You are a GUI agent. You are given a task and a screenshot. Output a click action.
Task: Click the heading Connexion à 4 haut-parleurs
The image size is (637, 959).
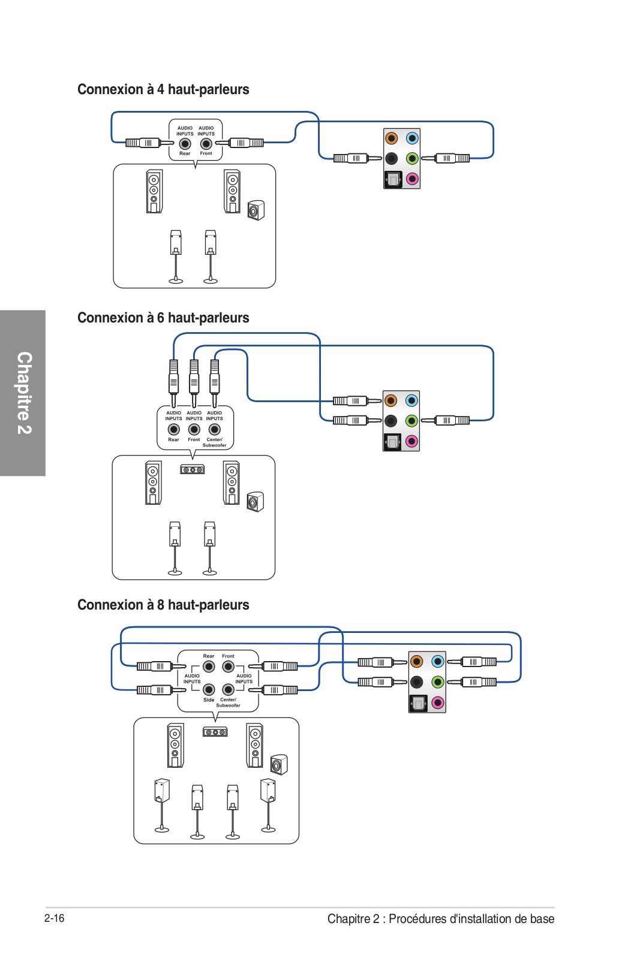pyautogui.click(x=163, y=89)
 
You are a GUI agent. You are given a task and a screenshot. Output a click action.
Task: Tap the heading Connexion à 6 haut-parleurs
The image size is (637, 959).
pyautogui.click(x=163, y=318)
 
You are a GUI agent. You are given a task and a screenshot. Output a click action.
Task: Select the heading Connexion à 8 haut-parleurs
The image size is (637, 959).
pyautogui.click(x=163, y=605)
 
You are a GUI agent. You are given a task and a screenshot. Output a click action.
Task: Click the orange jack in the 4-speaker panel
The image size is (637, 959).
pyautogui.click(x=392, y=138)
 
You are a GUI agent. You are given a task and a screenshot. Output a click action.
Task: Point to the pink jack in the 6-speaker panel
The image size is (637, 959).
pyautogui.click(x=411, y=441)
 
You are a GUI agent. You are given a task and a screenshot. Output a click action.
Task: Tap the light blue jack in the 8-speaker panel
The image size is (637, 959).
pyautogui.click(x=437, y=662)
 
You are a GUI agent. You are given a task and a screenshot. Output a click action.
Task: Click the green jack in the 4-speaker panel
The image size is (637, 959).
pyautogui.click(x=412, y=158)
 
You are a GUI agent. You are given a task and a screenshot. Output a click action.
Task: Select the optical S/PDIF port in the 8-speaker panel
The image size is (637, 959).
pyautogui.click(x=417, y=702)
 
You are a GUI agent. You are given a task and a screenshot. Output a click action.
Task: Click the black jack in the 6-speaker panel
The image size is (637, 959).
pyautogui.click(x=390, y=421)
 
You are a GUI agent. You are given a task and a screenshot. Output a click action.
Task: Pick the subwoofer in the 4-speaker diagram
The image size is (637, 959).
pyautogui.click(x=256, y=210)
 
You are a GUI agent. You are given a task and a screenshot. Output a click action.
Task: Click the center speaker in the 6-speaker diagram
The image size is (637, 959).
pyautogui.click(x=193, y=470)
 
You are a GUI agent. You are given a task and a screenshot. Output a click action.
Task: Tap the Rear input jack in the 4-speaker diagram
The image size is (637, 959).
pyautogui.click(x=185, y=144)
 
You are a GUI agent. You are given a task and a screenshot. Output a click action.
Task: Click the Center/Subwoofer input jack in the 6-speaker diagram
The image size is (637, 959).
pyautogui.click(x=215, y=429)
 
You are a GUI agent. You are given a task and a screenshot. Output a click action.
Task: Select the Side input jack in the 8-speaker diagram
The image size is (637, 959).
pyautogui.click(x=209, y=689)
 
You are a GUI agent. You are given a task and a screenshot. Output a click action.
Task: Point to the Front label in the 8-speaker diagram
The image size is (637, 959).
pyautogui.click(x=228, y=656)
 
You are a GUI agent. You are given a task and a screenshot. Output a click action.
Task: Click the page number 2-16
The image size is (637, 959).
pyautogui.click(x=55, y=918)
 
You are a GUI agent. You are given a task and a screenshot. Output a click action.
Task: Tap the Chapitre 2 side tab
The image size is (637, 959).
pyautogui.click(x=23, y=393)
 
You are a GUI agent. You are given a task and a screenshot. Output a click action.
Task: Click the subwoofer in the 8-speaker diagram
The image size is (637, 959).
pyautogui.click(x=279, y=765)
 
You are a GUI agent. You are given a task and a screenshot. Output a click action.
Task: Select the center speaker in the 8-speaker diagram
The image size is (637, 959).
pyautogui.click(x=215, y=732)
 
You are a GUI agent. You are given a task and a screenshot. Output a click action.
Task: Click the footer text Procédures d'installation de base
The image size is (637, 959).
pyautogui.click(x=471, y=919)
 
